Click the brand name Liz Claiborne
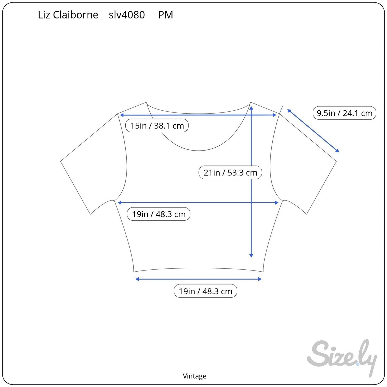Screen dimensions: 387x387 [x=68, y=15]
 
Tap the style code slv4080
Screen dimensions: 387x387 [x=127, y=15]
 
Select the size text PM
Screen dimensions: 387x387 [x=166, y=15]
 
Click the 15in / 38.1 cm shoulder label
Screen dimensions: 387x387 [x=157, y=126]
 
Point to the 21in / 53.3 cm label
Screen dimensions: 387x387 [x=230, y=172]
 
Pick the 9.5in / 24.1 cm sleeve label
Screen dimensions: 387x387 [x=344, y=113]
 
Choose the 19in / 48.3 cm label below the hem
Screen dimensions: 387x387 [x=205, y=291]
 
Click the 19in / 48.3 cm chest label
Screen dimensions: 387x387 [x=159, y=214]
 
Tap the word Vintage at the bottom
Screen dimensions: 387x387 [x=194, y=376]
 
